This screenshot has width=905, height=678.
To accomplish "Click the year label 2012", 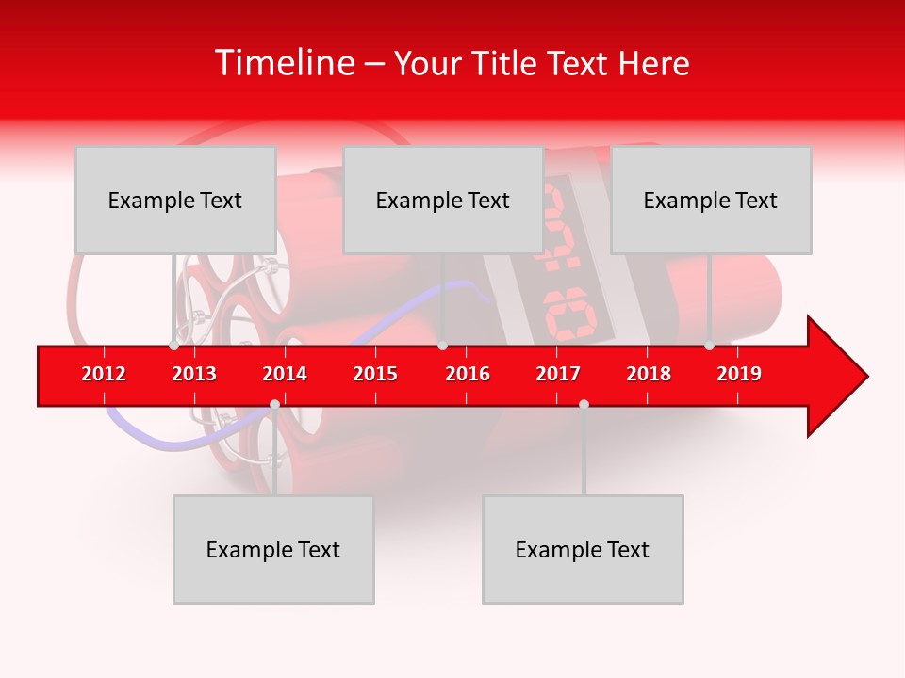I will coord(104,374).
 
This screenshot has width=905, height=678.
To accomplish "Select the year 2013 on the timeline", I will coord(194,374).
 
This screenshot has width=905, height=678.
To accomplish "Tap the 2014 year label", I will coord(285,374).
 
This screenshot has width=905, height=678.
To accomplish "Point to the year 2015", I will coord(375,374).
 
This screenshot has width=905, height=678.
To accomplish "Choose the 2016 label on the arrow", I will coord(468,374).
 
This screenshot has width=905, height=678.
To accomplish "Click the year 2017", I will coord(558,374).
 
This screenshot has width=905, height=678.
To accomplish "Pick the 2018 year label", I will coord(649,374).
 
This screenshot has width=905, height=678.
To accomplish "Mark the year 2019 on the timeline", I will coord(739,374).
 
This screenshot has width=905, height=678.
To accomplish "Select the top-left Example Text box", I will coord(175,200).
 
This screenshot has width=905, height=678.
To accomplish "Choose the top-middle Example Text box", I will coord(443,200).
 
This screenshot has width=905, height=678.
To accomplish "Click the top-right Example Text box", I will coord(711,200).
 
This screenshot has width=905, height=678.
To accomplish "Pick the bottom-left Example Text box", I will coord(273,549).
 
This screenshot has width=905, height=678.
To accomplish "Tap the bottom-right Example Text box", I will coord(583,549).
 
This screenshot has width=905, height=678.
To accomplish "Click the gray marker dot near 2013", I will coord(173,346).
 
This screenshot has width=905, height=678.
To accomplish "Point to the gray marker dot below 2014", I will coord(274,404).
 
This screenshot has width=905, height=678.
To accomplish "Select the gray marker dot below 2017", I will coord(584,404).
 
